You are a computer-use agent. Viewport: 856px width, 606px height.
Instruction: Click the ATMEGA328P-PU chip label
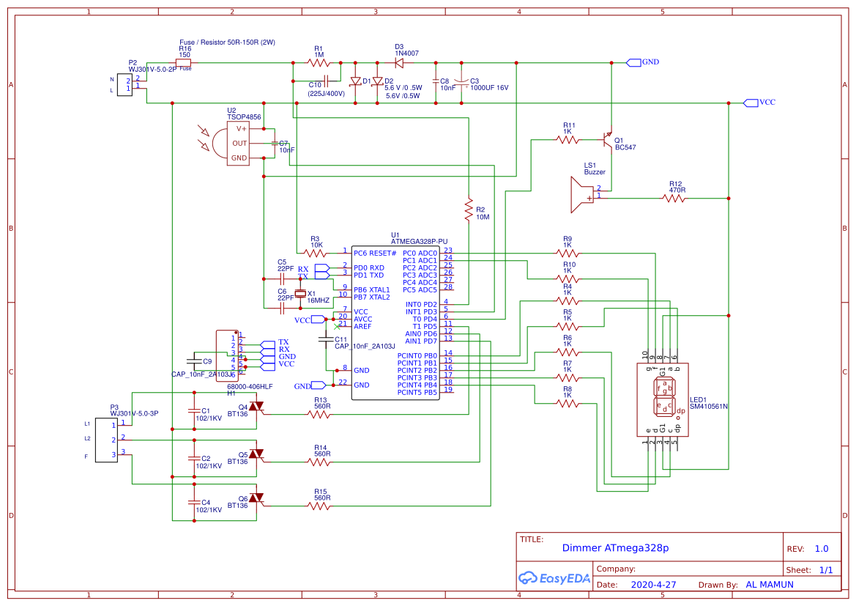[x=419, y=241]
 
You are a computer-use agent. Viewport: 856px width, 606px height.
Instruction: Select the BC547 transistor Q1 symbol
[x=606, y=138]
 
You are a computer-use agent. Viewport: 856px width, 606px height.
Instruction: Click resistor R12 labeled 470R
[x=674, y=198]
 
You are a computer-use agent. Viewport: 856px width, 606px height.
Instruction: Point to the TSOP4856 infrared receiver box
[x=239, y=143]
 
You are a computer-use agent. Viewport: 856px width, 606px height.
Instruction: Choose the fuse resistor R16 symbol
[x=184, y=63]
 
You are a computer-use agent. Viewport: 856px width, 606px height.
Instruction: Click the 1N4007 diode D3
[x=401, y=62]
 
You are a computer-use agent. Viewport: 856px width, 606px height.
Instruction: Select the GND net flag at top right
[x=634, y=62]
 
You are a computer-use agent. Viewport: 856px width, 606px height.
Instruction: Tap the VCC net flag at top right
[x=751, y=103]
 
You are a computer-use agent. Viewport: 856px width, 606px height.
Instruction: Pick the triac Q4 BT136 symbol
[x=255, y=406]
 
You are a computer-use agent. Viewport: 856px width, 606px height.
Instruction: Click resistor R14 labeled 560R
[x=319, y=462]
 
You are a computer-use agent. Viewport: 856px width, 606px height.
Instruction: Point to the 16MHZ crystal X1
[x=300, y=295]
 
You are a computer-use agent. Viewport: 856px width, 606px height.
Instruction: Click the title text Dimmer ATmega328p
[x=615, y=548]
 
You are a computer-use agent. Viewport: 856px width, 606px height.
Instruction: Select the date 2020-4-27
[x=653, y=585]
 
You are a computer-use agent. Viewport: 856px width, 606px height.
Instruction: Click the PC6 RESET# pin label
[x=374, y=253]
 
